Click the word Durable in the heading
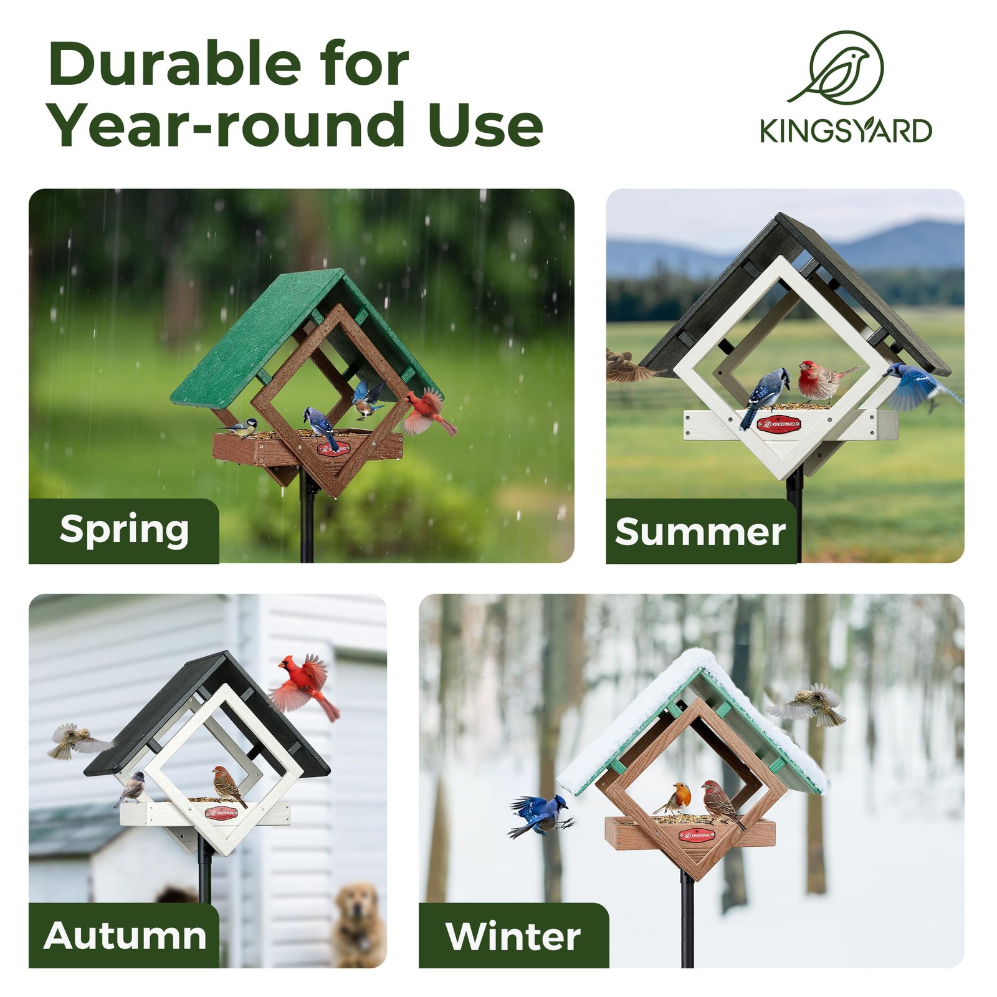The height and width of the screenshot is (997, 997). click(x=175, y=64)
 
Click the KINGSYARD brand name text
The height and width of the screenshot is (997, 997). click(x=846, y=131)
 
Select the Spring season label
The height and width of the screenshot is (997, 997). click(x=125, y=530)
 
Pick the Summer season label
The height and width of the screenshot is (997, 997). click(x=700, y=532)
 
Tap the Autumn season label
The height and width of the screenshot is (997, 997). click(x=125, y=935)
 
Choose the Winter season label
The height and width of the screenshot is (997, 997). click(x=513, y=936)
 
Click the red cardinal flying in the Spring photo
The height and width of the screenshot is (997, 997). click(x=429, y=412)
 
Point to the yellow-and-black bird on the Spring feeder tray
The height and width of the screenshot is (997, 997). click(x=239, y=427)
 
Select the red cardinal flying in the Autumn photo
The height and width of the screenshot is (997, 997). click(x=304, y=687)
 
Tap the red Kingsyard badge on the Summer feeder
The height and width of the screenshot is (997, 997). click(x=779, y=424)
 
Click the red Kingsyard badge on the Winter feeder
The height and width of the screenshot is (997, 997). click(x=695, y=834)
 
